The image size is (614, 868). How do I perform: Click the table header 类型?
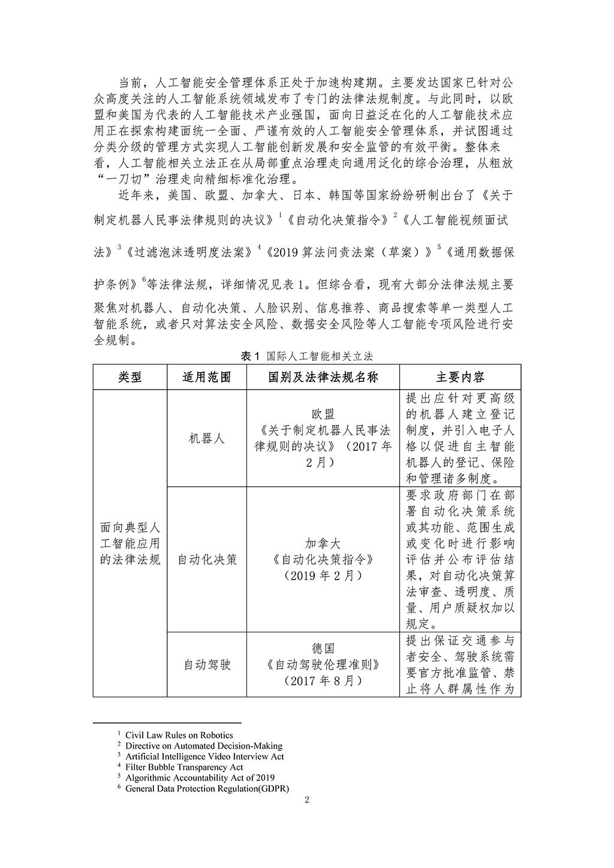(x=130, y=377)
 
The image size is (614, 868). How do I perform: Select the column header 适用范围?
(x=206, y=377)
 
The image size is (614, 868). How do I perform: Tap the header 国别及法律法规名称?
(x=323, y=377)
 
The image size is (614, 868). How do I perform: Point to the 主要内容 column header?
(x=460, y=377)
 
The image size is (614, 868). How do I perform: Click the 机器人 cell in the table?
(x=206, y=438)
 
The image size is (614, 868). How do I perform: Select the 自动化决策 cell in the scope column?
(x=206, y=559)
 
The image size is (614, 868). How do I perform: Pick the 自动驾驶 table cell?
(x=206, y=665)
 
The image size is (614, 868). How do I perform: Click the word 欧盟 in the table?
(x=323, y=414)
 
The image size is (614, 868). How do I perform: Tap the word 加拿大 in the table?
(x=323, y=543)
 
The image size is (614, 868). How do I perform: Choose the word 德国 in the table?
(x=323, y=649)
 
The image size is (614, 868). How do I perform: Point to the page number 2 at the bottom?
(x=306, y=800)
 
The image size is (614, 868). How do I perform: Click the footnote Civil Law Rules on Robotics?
(x=179, y=735)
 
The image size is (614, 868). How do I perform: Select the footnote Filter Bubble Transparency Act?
(x=183, y=767)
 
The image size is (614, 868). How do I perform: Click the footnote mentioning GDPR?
(x=207, y=788)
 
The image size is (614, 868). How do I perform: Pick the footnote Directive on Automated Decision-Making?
(x=203, y=746)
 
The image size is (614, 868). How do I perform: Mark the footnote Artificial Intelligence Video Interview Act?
(x=204, y=757)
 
